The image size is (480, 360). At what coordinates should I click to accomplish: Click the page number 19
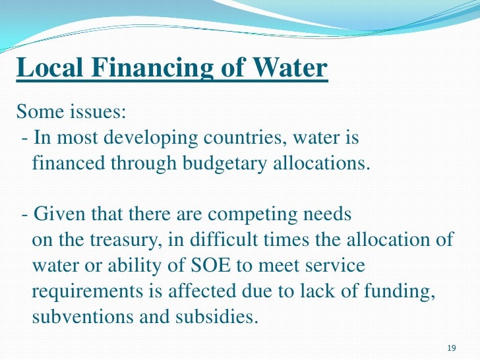pos(452,347)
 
